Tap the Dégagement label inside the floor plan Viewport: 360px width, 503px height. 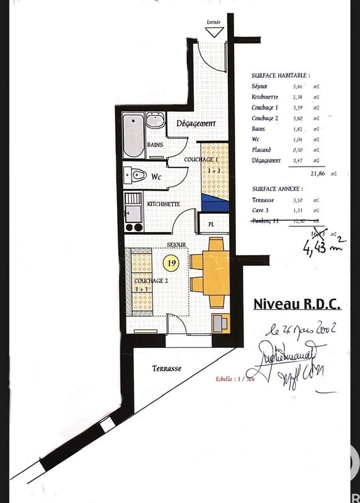[196, 123]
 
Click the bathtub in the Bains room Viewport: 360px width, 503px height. [133, 135]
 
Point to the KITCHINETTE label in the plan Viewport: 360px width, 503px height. [164, 204]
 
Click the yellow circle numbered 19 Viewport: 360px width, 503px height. [171, 260]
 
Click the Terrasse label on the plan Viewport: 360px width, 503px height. [167, 369]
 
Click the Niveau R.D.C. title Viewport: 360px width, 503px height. [296, 304]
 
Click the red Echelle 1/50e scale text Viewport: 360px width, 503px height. [232, 379]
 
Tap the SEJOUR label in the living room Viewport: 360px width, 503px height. [176, 245]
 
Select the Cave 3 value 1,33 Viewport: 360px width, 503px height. [298, 210]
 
